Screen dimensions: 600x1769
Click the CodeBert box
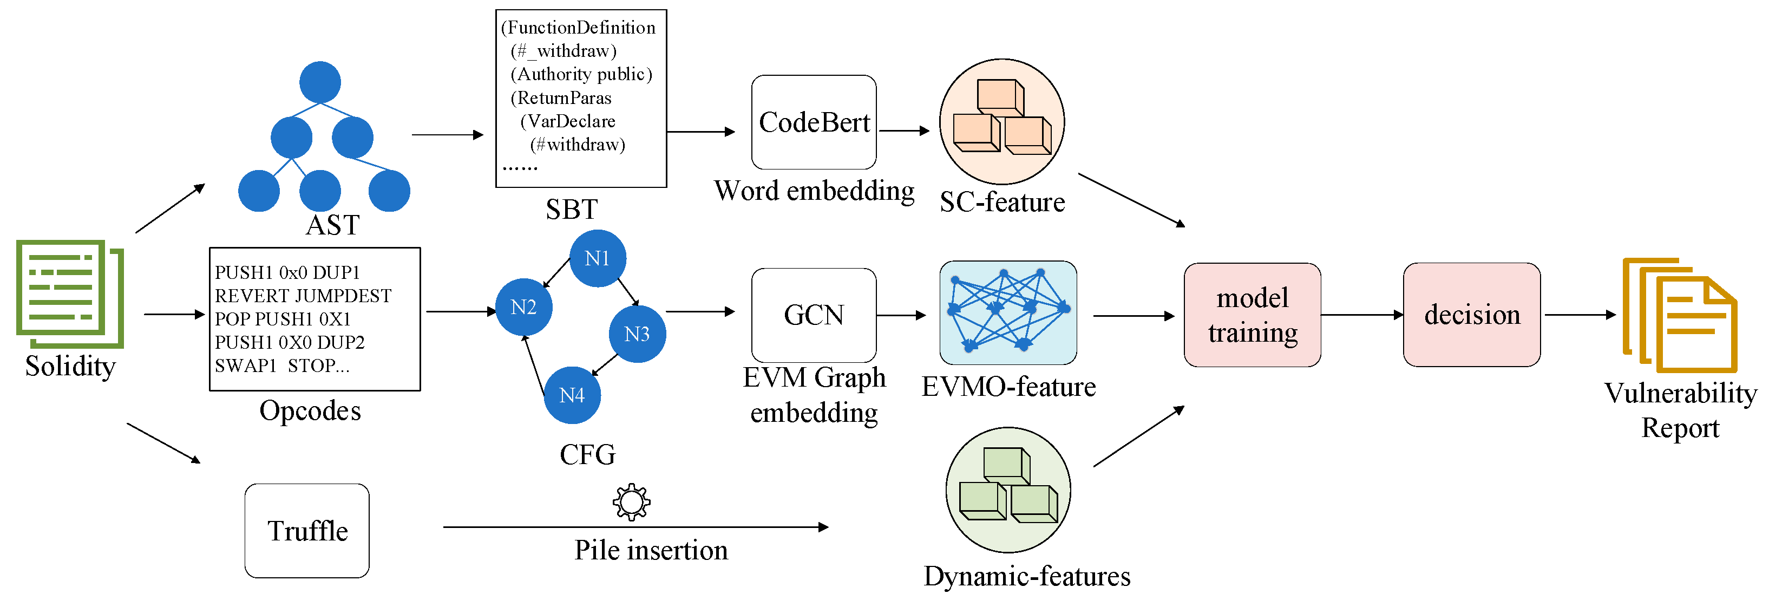(x=814, y=122)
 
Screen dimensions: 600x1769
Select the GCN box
(x=814, y=315)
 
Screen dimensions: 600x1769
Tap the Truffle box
(x=307, y=531)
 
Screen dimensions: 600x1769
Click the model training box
(x=1252, y=315)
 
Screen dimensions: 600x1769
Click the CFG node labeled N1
(x=598, y=258)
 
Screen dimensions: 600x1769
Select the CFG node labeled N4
(x=572, y=395)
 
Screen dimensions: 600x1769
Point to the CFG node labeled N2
(x=523, y=307)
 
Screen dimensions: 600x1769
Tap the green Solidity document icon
(x=70, y=294)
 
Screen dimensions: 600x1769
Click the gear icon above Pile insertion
(x=631, y=503)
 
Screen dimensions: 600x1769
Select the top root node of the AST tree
(x=320, y=82)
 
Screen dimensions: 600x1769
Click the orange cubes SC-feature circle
(x=1001, y=122)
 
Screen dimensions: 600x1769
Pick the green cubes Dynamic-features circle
(x=1007, y=490)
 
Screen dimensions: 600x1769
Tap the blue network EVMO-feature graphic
(x=1007, y=312)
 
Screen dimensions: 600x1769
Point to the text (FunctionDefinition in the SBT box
(x=578, y=28)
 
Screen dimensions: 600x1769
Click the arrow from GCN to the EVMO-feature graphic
(x=901, y=316)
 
